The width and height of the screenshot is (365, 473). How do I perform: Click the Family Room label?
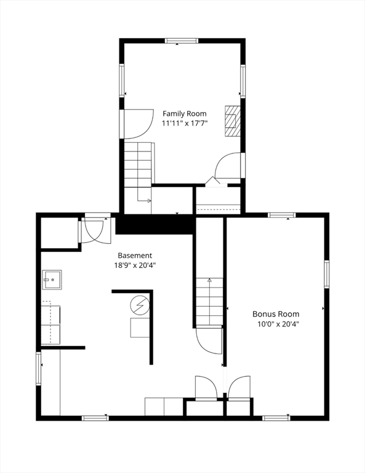(184, 113)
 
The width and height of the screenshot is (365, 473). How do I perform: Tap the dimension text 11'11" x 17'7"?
(184, 123)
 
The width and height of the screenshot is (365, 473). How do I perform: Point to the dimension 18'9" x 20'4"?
(135, 265)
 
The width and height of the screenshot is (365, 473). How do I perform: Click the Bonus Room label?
(280, 313)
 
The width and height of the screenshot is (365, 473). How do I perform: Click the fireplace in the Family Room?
(232, 120)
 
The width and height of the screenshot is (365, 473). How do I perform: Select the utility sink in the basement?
(52, 280)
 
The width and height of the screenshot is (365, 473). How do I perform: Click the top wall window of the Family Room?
(182, 41)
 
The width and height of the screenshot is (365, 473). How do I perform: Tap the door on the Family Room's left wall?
(137, 123)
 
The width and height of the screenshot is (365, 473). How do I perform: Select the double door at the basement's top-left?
(94, 231)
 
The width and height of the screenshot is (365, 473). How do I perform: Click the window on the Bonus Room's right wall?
(326, 274)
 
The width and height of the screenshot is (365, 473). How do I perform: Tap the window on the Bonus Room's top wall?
(281, 215)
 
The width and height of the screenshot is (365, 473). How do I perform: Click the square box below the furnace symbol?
(140, 328)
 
